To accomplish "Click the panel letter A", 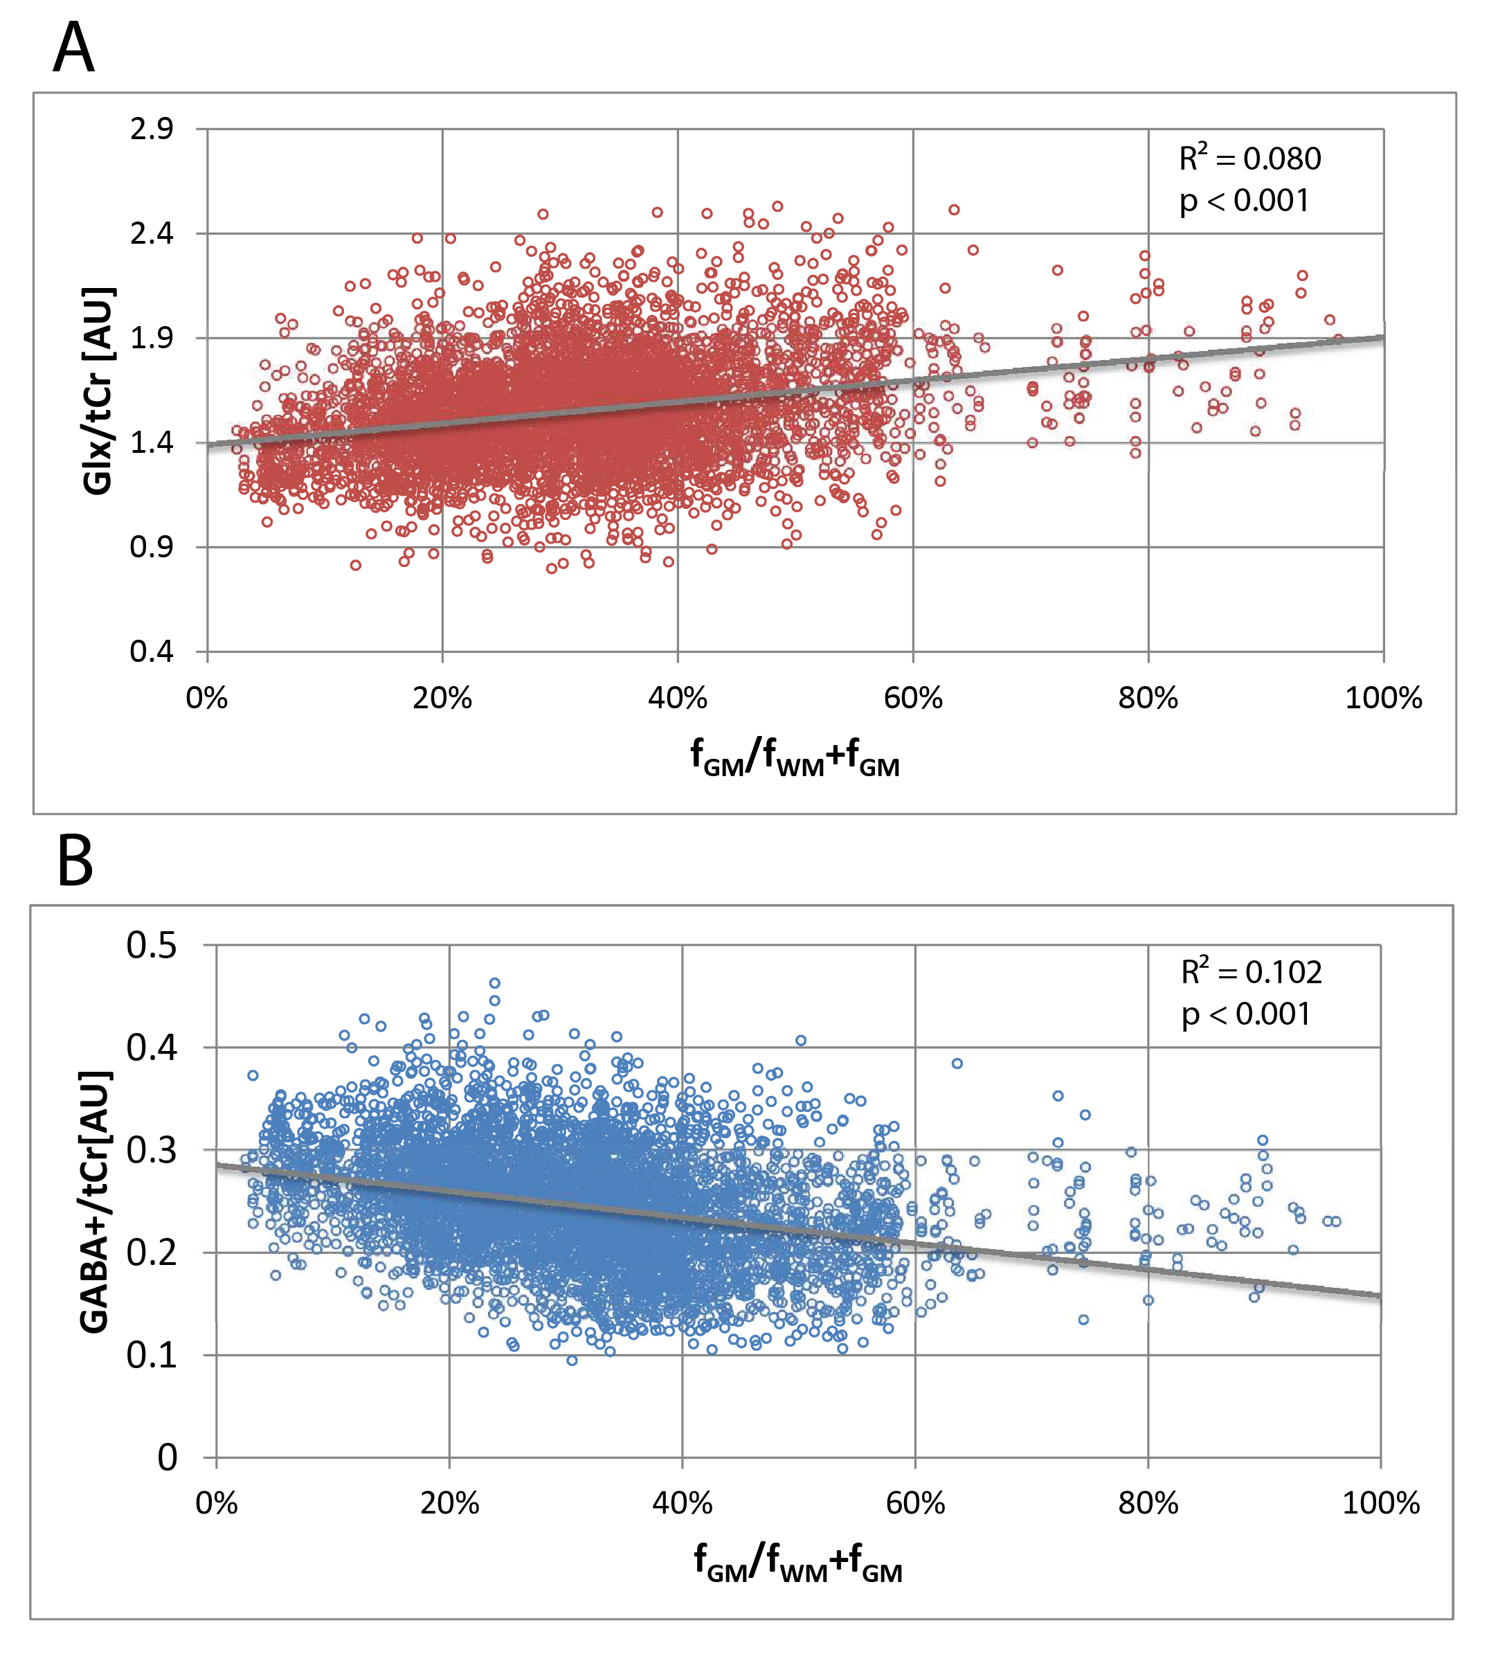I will (x=73, y=48).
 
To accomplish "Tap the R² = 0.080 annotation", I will (x=1249, y=158).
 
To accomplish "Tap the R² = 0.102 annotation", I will (x=1251, y=972).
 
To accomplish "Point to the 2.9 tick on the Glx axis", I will (x=152, y=129).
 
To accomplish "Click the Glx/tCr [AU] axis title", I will (x=100, y=391).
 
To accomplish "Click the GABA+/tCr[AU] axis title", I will (x=95, y=1202).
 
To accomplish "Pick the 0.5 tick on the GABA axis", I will (x=152, y=945).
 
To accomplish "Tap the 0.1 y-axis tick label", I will (x=152, y=1355).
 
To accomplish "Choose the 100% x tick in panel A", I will (x=1383, y=699).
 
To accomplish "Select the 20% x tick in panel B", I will (x=449, y=1504).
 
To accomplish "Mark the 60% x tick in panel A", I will (x=913, y=699).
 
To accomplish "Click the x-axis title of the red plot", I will (x=794, y=758).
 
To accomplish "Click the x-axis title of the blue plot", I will (x=797, y=1563).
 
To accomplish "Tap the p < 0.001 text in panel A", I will (x=1244, y=201).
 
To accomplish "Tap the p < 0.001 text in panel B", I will (x=1246, y=1014).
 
